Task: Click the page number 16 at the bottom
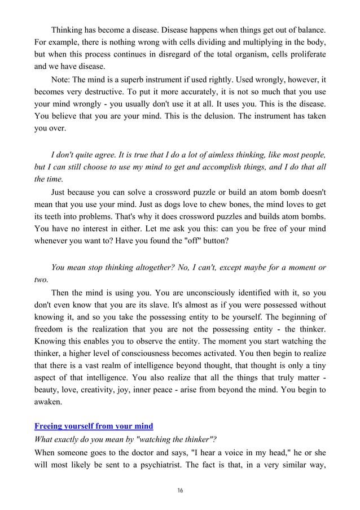(180, 490)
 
